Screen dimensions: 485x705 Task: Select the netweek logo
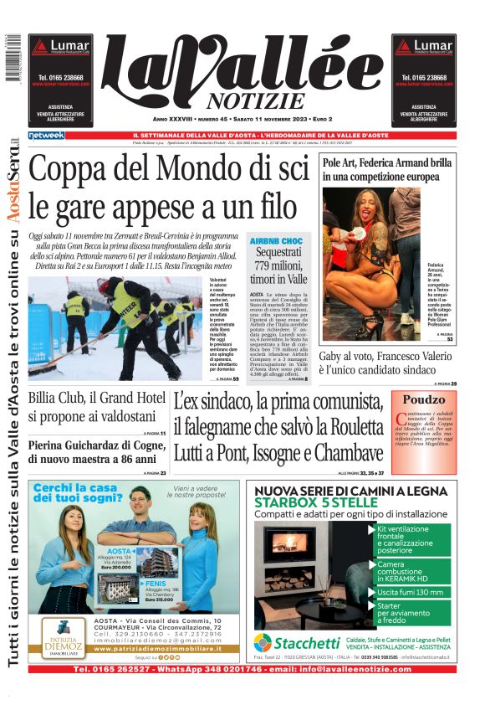[x=46, y=135]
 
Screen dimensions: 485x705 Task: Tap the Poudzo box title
[x=424, y=399]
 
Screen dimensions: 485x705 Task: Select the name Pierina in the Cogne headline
[x=52, y=445]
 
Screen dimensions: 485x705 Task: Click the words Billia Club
[x=61, y=397]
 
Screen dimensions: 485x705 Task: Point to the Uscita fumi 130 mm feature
[x=410, y=592]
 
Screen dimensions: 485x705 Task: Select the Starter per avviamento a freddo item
[x=404, y=613]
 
